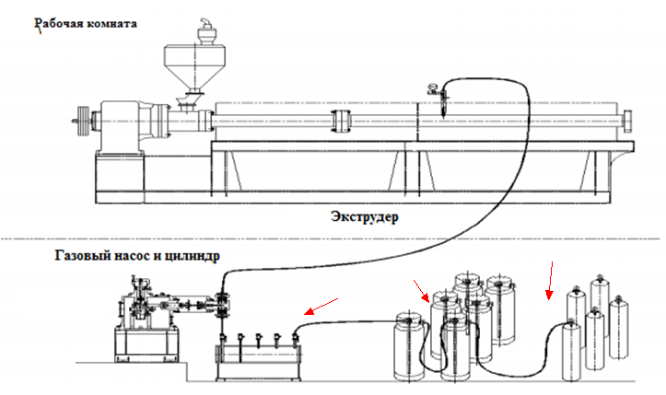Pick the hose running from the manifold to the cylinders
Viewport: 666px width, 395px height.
(x=350, y=321)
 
